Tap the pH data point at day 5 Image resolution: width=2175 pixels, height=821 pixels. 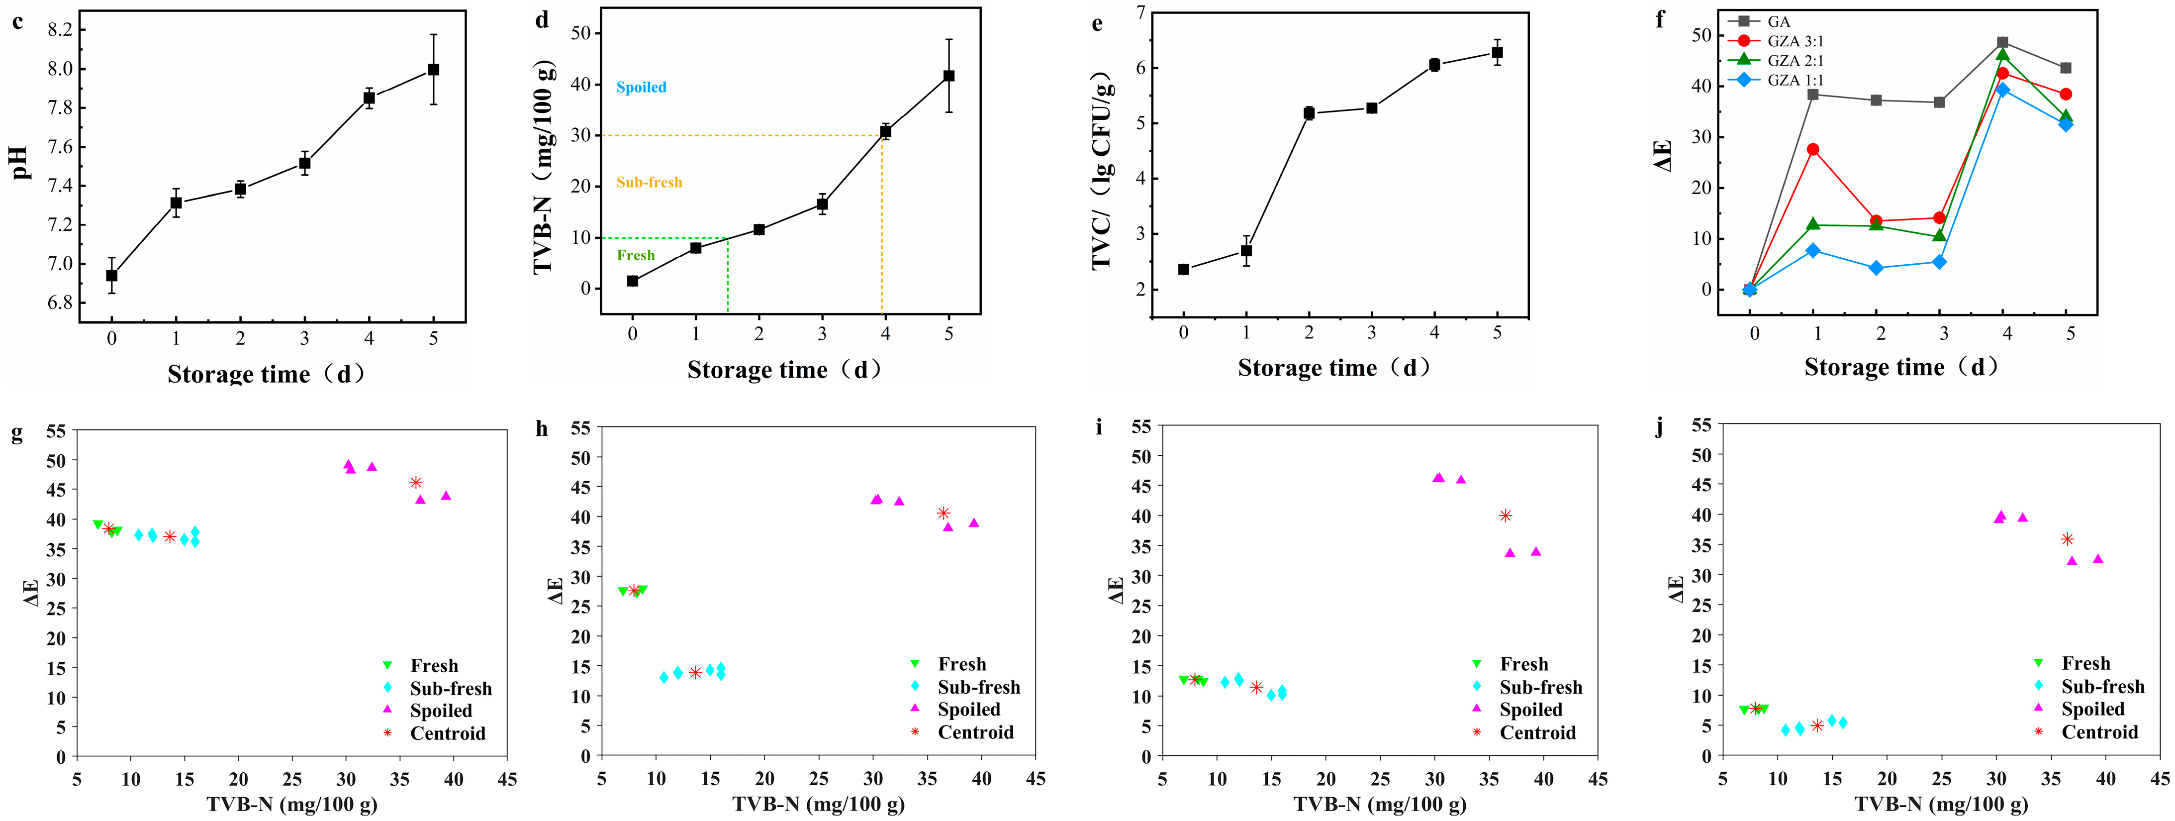pyautogui.click(x=433, y=69)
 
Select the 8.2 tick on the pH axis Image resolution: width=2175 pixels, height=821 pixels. pyautogui.click(x=59, y=30)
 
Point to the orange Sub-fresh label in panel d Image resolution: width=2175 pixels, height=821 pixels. pyautogui.click(x=649, y=183)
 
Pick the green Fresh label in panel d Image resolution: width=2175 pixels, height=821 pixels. pyautogui.click(x=635, y=255)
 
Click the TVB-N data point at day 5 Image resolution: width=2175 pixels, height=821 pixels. pyautogui.click(x=949, y=76)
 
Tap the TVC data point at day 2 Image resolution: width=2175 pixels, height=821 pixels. pyautogui.click(x=1309, y=113)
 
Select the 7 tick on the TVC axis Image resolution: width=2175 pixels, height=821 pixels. pyautogui.click(x=1140, y=12)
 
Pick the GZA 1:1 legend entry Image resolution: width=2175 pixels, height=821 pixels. pyautogui.click(x=1795, y=80)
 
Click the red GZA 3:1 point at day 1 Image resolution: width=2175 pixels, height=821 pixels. pyautogui.click(x=1813, y=149)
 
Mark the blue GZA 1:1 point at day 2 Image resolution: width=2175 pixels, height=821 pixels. pyautogui.click(x=1876, y=268)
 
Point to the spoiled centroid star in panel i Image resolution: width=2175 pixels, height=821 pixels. pyautogui.click(x=1505, y=515)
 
